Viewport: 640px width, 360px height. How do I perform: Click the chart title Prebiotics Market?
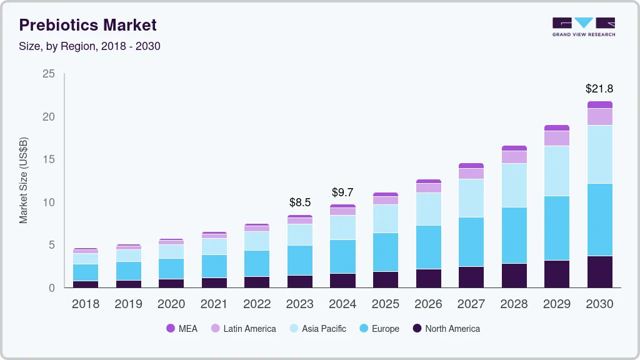pos(87,25)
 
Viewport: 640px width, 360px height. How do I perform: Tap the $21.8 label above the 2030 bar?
pos(599,89)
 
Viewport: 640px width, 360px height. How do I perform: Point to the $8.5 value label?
pos(300,202)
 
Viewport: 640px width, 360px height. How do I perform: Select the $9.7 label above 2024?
pos(342,192)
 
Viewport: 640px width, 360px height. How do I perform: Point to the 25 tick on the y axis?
pos(49,74)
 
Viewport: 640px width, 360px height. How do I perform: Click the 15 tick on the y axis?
pos(49,160)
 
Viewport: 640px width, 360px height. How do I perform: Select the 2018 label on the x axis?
pos(85,304)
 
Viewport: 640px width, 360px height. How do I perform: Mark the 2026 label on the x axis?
pos(428,304)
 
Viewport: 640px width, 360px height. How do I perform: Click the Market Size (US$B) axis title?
pos(24,179)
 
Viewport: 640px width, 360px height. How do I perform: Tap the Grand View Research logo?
pos(583,27)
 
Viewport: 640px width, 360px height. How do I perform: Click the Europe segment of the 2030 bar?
pos(599,219)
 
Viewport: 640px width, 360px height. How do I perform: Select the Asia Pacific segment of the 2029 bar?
pos(556,171)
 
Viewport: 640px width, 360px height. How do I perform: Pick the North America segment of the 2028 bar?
pos(514,275)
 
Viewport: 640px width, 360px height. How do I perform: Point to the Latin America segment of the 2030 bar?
pos(599,117)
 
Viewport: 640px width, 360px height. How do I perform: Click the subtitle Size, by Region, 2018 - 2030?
pos(90,46)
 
